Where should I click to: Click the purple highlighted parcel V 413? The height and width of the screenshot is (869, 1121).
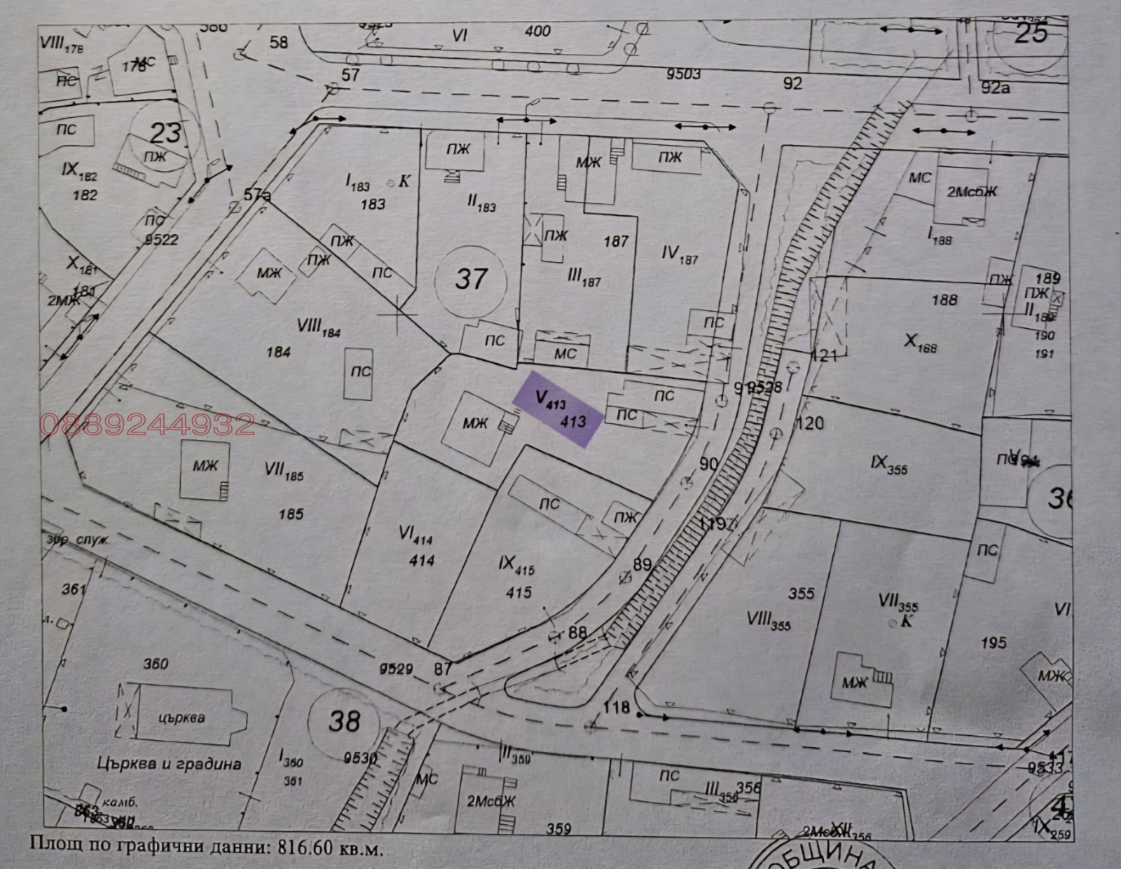pyautogui.click(x=558, y=410)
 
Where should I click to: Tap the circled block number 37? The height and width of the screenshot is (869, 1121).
pyautogui.click(x=470, y=279)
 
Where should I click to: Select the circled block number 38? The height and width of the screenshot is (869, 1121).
pyautogui.click(x=343, y=720)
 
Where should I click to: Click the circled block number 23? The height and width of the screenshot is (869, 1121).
pyautogui.click(x=165, y=132)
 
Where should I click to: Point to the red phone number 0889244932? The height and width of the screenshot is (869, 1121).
pyautogui.click(x=148, y=425)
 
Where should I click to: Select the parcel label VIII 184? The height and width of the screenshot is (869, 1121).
pyautogui.click(x=319, y=327)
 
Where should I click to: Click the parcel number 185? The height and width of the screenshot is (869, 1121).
pyautogui.click(x=291, y=514)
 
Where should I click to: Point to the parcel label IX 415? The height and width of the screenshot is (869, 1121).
pyautogui.click(x=516, y=564)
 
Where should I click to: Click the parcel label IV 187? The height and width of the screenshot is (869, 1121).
pyautogui.click(x=680, y=254)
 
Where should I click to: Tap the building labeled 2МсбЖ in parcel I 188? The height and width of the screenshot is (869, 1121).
pyautogui.click(x=972, y=191)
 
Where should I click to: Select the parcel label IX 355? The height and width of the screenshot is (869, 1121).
pyautogui.click(x=888, y=465)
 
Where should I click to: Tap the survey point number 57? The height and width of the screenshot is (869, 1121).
pyautogui.click(x=350, y=74)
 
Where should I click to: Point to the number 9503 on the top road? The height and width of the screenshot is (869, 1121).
pyautogui.click(x=683, y=74)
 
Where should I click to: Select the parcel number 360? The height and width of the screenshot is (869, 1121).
pyautogui.click(x=156, y=663)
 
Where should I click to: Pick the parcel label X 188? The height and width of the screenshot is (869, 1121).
pyautogui.click(x=920, y=343)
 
